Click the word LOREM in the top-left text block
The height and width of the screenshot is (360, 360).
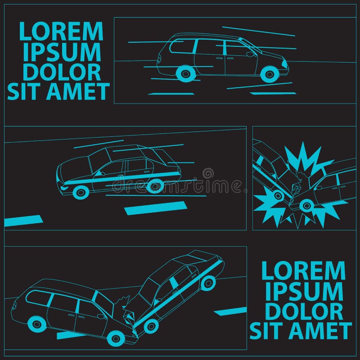61,31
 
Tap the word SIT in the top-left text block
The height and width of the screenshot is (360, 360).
24,92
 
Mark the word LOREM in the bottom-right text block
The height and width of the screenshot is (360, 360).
303,271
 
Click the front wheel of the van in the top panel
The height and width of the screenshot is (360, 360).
270,74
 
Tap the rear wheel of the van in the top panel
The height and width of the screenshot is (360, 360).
184,73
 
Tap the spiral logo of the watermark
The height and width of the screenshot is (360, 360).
208,173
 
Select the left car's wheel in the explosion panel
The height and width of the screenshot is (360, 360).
278,195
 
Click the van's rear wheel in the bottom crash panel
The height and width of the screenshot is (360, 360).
37,323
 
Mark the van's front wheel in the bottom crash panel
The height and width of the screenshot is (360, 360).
114,338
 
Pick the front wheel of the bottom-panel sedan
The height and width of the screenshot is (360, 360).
151,325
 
